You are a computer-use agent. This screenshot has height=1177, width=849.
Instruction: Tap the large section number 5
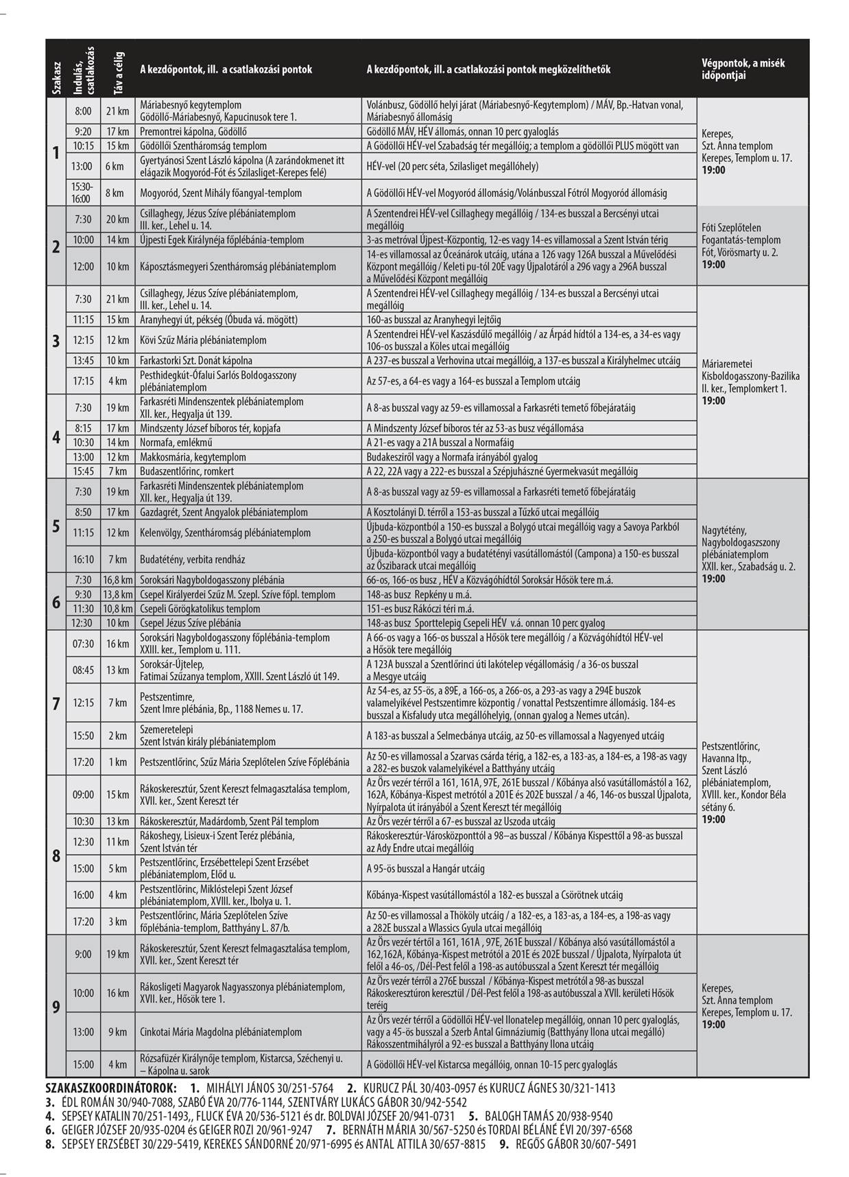pyautogui.click(x=56, y=526)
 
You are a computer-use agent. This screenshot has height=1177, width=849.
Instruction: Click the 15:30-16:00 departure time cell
pyautogui.click(x=82, y=193)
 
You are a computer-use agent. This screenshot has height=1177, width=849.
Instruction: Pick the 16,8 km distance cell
pyautogui.click(x=117, y=580)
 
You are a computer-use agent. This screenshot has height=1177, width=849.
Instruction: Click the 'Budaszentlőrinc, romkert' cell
pyautogui.click(x=187, y=471)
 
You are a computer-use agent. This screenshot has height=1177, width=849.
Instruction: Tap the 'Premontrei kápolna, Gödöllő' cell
pyautogui.click(x=193, y=131)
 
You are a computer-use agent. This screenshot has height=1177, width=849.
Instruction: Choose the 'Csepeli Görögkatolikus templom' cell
pyautogui.click(x=200, y=609)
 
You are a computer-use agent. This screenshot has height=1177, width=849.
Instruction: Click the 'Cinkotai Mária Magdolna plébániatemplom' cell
pyautogui.click(x=221, y=1032)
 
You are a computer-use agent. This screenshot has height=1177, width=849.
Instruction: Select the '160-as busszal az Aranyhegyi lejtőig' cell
pyautogui.click(x=433, y=320)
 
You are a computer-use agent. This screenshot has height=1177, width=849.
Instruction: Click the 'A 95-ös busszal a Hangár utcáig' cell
pyautogui.click(x=427, y=868)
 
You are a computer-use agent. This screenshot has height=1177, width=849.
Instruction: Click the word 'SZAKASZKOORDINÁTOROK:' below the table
pyautogui.click(x=110, y=1088)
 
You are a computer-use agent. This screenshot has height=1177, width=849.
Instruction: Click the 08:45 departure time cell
pyautogui.click(x=83, y=670)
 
